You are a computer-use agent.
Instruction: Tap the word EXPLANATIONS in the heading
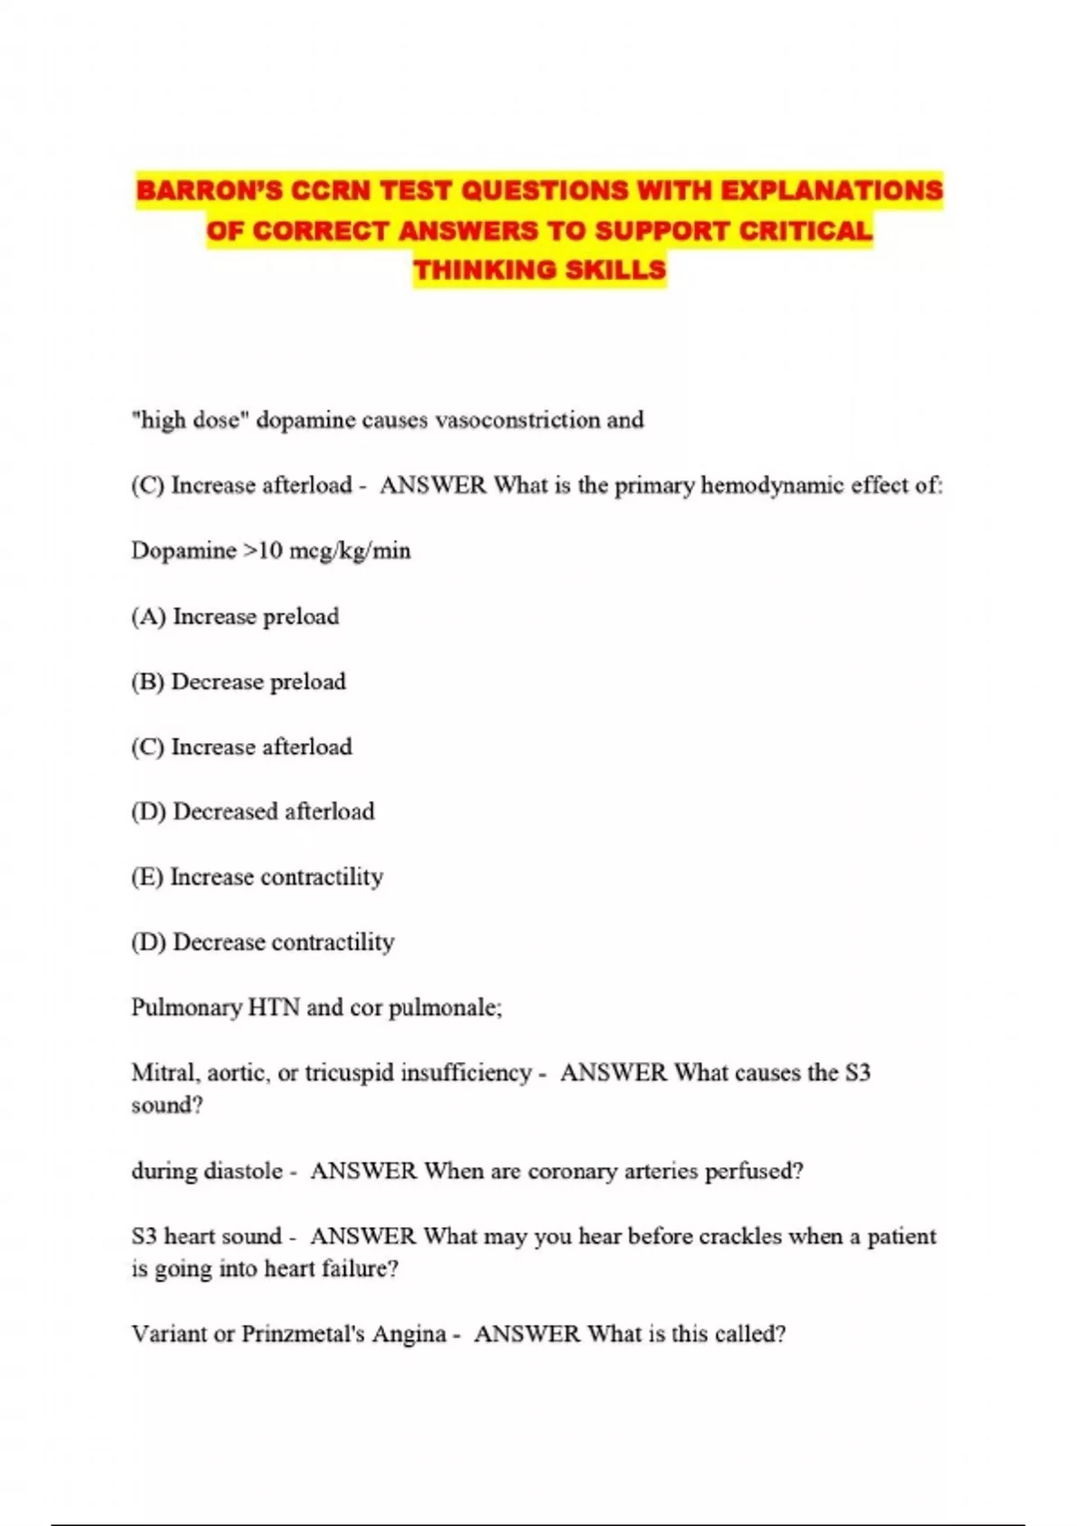point(832,190)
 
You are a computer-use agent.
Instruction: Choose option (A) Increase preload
point(235,617)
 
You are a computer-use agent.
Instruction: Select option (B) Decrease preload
point(238,682)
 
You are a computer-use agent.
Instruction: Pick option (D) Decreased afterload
point(252,811)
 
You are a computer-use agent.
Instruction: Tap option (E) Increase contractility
point(257,877)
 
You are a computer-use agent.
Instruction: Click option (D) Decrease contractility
point(262,943)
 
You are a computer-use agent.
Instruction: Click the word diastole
point(243,1171)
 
